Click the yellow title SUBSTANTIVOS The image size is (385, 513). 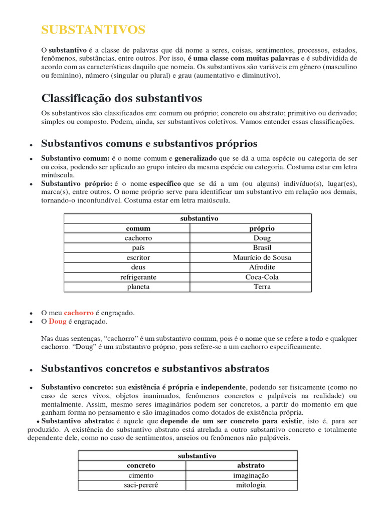pyautogui.click(x=93, y=30)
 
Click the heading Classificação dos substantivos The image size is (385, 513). pyautogui.click(x=121, y=97)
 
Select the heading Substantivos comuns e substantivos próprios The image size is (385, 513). pyautogui.click(x=149, y=144)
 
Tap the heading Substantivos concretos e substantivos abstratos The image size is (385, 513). pyautogui.click(x=155, y=369)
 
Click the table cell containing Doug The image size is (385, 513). pyautogui.click(x=262, y=238)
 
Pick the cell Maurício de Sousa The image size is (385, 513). pyautogui.click(x=262, y=258)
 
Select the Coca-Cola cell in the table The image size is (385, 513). pyautogui.click(x=262, y=277)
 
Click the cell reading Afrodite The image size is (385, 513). pyautogui.click(x=262, y=267)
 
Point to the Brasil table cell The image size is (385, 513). pyautogui.click(x=262, y=247)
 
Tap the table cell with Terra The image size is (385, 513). pyautogui.click(x=262, y=287)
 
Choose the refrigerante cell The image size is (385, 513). pyautogui.click(x=138, y=277)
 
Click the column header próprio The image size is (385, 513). pyautogui.click(x=262, y=228)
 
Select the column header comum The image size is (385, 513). pyautogui.click(x=138, y=228)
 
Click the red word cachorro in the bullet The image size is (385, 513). pyautogui.click(x=79, y=313)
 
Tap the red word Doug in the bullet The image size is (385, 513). pyautogui.click(x=57, y=322)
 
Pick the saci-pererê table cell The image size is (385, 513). pyautogui.click(x=141, y=485)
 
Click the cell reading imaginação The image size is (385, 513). pyautogui.click(x=251, y=475)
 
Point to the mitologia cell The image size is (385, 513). pyautogui.click(x=251, y=485)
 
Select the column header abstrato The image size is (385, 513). pyautogui.click(x=251, y=465)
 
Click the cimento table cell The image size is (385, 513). pyautogui.click(x=141, y=475)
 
